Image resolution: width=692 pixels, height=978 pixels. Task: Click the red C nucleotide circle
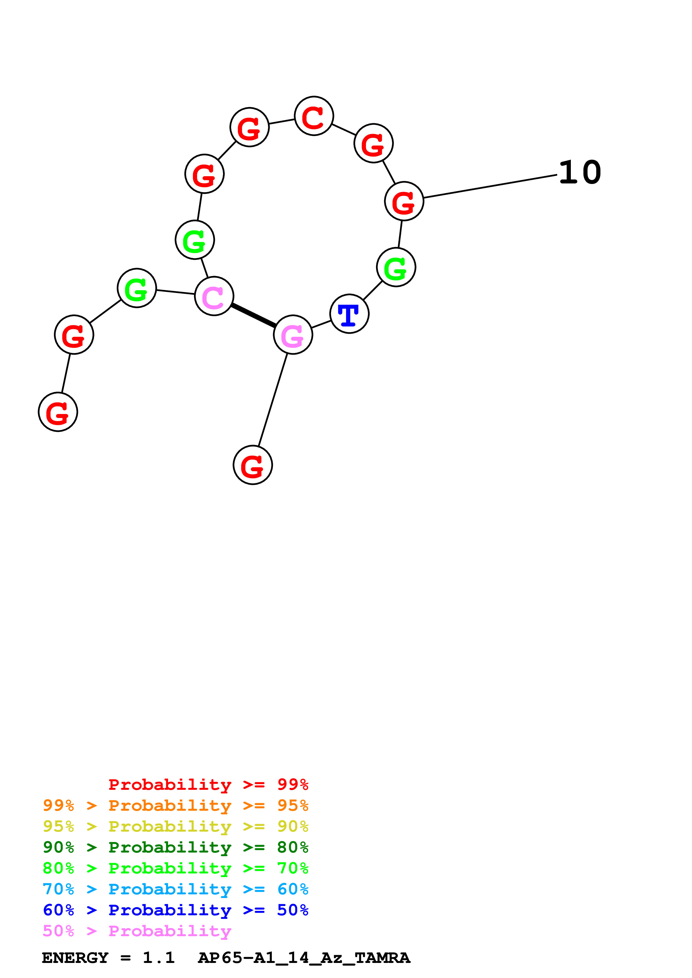pos(314,116)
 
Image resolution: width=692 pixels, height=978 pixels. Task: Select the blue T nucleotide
pos(349,314)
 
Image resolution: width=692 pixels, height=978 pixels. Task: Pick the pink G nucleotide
pos(293,335)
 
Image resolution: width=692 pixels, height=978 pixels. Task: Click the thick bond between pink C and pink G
pos(253,316)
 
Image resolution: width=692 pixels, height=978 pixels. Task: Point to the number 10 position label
pos(580,173)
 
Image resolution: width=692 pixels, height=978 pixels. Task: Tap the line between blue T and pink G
pos(321,324)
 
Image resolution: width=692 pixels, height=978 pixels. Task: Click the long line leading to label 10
pos(490,186)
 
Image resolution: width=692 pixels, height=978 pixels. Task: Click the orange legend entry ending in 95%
pos(176,805)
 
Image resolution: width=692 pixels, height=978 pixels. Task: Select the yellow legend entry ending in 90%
pos(176,826)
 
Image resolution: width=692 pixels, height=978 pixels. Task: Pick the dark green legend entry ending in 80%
pos(176,847)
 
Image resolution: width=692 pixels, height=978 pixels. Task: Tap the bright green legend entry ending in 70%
pos(176,868)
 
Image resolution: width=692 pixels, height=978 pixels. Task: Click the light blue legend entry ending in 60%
pos(176,889)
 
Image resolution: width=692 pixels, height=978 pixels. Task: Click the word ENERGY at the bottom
pos(75,958)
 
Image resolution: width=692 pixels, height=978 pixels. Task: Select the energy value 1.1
pos(159,958)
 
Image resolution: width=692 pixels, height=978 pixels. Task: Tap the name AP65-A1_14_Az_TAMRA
pos(304,958)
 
